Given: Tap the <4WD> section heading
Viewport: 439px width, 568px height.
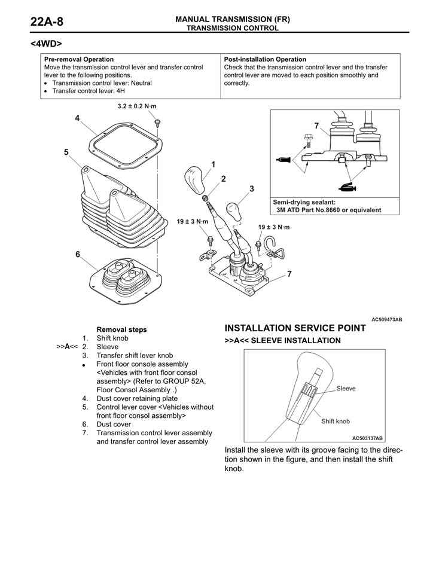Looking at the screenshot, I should pos(46,44).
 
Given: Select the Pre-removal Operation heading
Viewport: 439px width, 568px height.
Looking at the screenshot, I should pos(79,59).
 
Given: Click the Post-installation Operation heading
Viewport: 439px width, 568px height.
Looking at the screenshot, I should pos(265,59).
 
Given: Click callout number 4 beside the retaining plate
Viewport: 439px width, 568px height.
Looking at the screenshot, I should pos(77,118).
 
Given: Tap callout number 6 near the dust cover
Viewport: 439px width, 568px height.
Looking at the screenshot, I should pos(77,254).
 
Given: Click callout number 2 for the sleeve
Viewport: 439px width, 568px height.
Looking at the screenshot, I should pos(223,178).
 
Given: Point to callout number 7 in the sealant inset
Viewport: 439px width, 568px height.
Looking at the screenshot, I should pos(316,125).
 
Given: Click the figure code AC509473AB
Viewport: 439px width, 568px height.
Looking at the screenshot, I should pos(386,320).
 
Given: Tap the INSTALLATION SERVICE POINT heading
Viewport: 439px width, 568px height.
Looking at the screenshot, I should pos(295,328).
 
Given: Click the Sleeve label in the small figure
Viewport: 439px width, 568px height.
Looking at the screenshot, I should pos(346,388).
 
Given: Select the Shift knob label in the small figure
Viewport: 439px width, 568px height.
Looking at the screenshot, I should pos(335,421).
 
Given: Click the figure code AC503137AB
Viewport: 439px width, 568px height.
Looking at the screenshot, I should pos(367,438).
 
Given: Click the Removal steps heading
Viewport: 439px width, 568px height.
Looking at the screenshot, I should pos(121,329).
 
